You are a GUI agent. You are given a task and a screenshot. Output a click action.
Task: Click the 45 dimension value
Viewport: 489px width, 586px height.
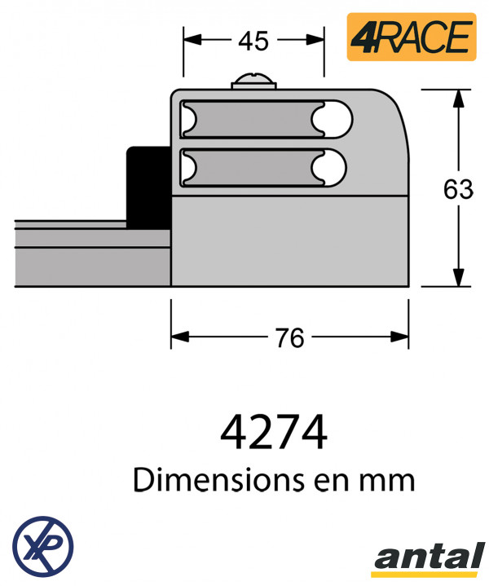254,41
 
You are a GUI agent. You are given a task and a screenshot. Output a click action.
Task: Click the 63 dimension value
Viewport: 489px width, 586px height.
458,189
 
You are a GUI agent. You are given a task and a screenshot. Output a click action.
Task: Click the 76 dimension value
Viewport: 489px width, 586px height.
289,337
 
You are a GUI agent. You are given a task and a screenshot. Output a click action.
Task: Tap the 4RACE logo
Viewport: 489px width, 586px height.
412,37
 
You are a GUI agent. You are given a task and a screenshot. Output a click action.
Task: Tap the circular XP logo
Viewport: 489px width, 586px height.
42,544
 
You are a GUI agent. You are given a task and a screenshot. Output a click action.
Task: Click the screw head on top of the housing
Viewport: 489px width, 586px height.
253,80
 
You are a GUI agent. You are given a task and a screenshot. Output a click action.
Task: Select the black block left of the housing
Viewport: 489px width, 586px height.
148,186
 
